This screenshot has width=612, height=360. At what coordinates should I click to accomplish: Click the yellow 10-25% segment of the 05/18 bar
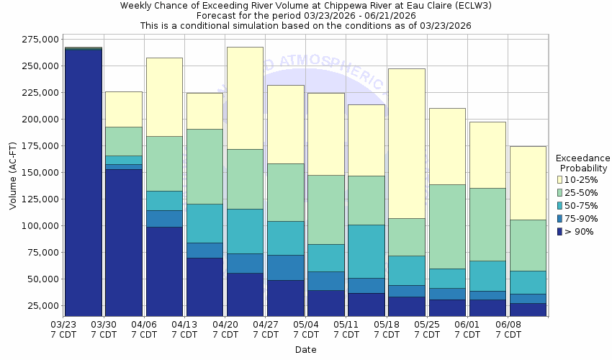tap(406, 143)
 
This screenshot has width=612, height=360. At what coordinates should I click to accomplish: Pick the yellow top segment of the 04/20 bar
tap(245, 98)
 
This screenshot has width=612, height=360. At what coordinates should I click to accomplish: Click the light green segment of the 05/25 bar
tap(446, 226)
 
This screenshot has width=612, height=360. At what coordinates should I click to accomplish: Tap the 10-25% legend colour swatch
tap(559, 179)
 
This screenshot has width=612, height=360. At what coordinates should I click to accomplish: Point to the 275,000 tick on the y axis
tap(40, 40)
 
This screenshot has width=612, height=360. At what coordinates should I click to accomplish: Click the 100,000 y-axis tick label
tap(40, 226)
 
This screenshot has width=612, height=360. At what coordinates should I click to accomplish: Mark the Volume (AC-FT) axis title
tap(13, 173)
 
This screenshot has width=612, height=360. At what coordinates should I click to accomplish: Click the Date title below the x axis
tap(305, 350)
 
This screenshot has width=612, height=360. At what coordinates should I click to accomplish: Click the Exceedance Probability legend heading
tap(582, 163)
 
